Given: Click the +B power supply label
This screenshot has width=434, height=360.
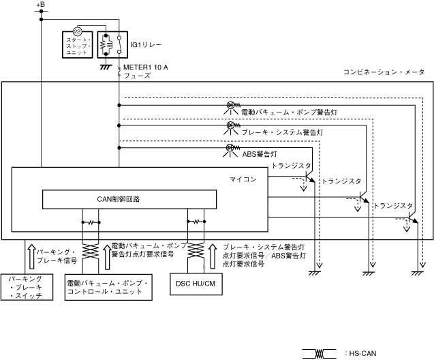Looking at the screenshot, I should point(40,5).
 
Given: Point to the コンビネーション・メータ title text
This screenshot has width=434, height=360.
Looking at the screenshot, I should point(384,72).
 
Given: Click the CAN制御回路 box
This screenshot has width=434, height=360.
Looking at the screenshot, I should point(129,199).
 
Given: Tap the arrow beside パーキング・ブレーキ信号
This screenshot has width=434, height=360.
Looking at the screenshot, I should point(29,254).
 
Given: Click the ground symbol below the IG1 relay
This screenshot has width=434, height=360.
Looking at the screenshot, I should point(106,67).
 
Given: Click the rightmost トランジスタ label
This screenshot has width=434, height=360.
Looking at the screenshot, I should point(394,205).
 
